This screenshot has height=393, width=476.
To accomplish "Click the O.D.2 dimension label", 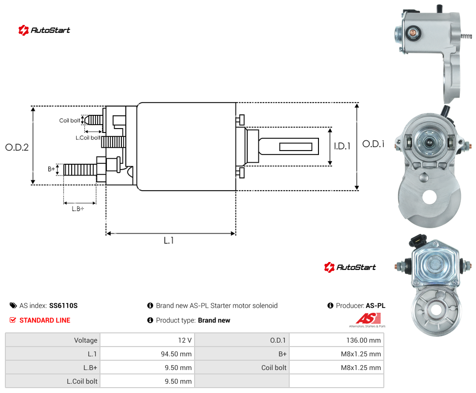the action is (x=17, y=148).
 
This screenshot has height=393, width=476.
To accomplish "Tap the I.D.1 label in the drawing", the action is (x=342, y=146).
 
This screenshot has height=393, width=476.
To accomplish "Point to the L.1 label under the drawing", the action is (x=169, y=240).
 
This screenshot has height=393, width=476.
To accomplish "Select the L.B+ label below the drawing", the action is (x=78, y=209).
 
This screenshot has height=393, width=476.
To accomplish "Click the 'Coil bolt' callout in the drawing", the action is (x=70, y=120).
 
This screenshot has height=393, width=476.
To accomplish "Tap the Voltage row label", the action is (x=86, y=340).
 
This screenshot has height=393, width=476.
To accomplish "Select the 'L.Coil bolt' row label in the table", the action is (x=82, y=381).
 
